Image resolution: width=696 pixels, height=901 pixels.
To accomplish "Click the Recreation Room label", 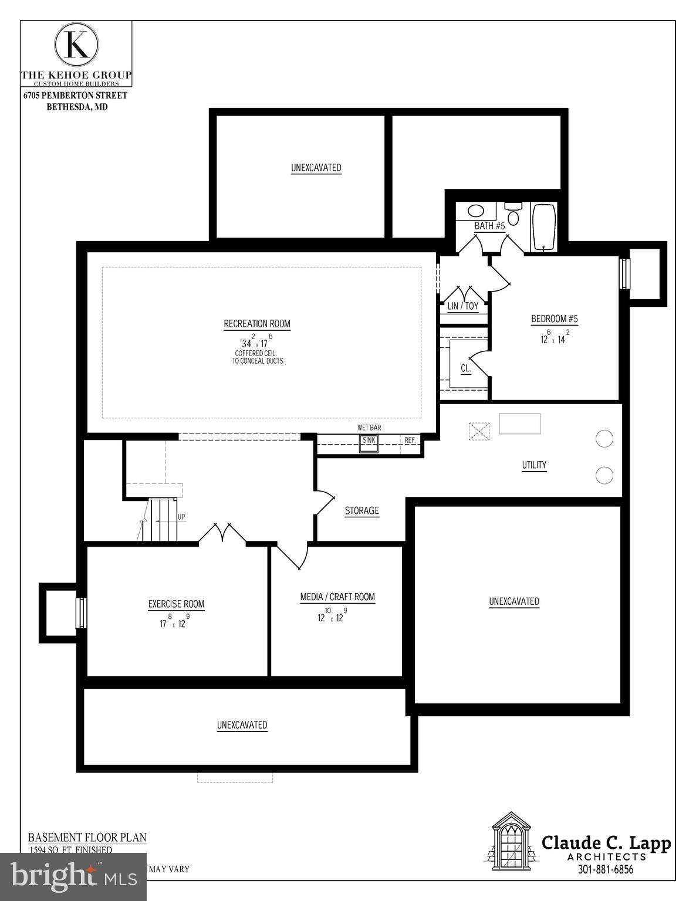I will (x=257, y=324).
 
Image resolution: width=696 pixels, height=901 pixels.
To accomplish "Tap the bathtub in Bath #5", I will (x=543, y=226).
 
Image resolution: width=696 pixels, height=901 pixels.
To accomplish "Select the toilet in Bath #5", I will (x=513, y=215).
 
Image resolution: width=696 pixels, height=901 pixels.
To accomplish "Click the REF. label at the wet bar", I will (x=410, y=440).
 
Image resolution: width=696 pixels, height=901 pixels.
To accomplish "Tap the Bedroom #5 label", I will (x=555, y=319).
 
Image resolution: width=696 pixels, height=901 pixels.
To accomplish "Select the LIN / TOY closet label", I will (x=463, y=306).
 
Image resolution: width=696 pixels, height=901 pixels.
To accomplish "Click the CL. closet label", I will (x=466, y=368).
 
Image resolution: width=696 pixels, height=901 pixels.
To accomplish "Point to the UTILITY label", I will (x=534, y=465).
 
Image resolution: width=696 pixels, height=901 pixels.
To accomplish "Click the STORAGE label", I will (x=361, y=511).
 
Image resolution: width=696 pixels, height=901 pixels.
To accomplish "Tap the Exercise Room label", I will (x=176, y=604).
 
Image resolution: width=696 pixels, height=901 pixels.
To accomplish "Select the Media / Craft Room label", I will (x=337, y=597).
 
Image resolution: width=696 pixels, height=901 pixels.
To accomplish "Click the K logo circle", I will (x=76, y=44).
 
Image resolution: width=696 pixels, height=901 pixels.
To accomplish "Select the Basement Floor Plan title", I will (x=87, y=838).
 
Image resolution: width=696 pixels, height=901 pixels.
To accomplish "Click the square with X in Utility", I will (x=479, y=431).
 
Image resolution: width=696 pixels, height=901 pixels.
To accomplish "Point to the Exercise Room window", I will (x=81, y=613).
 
